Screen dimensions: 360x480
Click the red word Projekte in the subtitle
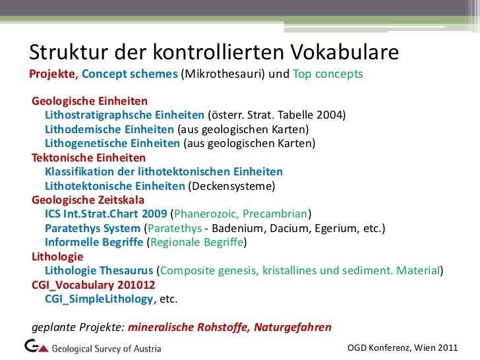coord(52,75)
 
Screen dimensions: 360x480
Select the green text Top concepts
coord(328,75)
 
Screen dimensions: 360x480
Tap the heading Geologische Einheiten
coord(90,102)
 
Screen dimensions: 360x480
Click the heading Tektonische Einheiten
coord(88,158)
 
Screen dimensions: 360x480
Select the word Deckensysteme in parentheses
coord(231,186)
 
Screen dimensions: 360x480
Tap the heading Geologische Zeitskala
coord(88,200)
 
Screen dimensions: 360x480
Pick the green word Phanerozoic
coord(205,214)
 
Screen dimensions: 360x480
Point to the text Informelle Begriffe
coord(94,242)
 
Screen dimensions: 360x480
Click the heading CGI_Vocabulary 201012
coord(93,285)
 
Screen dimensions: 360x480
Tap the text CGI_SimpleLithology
coord(99,299)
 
